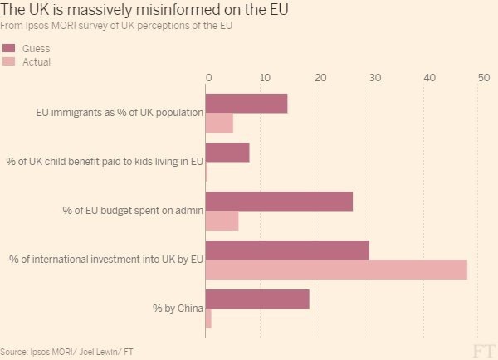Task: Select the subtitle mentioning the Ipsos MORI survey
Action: pos(116,27)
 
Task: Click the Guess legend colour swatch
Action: pos(9,49)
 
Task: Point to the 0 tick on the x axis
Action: pos(208,78)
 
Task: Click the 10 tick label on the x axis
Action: pos(263,78)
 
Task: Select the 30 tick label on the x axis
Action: pos(374,78)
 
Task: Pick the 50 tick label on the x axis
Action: pos(483,78)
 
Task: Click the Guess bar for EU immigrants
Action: pos(247,103)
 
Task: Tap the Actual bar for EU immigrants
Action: pos(219,123)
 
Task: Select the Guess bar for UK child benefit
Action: pos(227,152)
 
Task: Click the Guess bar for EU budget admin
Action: pos(279,201)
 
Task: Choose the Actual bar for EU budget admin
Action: pos(222,221)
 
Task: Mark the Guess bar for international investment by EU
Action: pos(287,250)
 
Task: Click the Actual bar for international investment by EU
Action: pos(336,270)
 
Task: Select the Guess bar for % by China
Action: pos(257,299)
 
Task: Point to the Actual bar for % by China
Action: pos(208,319)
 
